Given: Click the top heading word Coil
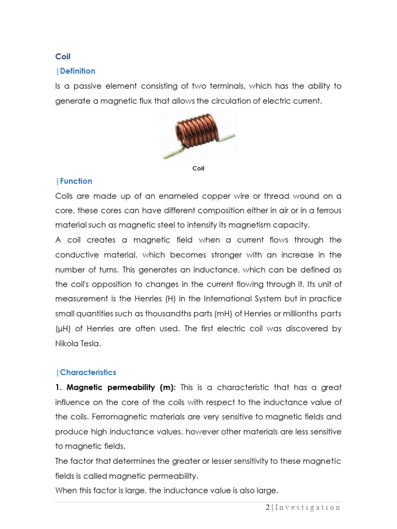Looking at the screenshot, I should [63, 57].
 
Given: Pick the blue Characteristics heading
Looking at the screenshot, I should [87, 372].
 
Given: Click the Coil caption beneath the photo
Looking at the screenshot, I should [198, 168].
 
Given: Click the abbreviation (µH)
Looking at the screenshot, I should [63, 329].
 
